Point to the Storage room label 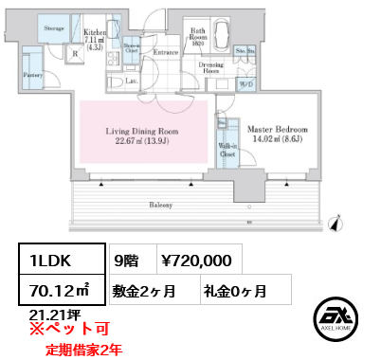point(54,29)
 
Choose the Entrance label point(167,52)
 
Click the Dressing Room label point(211,68)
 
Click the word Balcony point(159,204)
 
